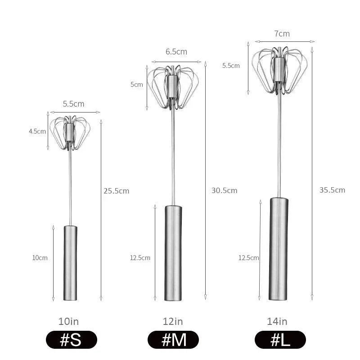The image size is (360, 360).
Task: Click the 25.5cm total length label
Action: coord(116,191)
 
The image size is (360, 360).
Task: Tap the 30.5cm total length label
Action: coord(224,190)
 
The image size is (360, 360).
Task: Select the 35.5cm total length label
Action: coord(332,190)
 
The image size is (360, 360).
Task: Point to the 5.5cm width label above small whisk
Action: coord(74,103)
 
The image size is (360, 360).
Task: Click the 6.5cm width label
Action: coord(176,52)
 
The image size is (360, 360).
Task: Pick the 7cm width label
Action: coord(281,34)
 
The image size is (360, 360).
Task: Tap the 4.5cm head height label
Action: coord(38,132)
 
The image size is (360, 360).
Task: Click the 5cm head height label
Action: coord(137,85)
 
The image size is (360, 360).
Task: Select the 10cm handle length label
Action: coord(40,258)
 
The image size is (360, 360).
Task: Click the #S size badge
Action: coord(71,340)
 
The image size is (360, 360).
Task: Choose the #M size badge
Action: coord(173,340)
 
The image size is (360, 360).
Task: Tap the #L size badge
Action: coord(280,340)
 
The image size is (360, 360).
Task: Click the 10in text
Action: coord(69,321)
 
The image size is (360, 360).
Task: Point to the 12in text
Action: coord(173,321)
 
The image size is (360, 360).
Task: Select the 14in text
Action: coord(277,321)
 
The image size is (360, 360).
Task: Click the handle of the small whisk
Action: coord(70,263)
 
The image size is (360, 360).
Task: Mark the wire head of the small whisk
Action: coord(70,132)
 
